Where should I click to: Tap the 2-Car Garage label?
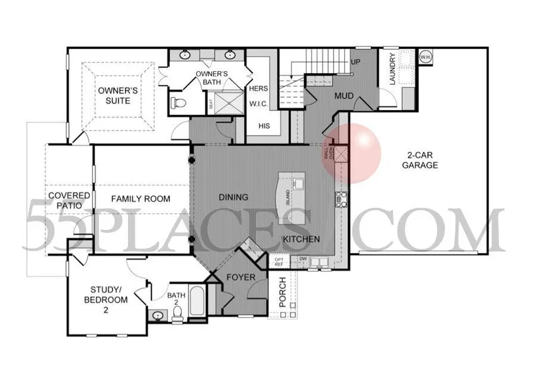(x=419, y=160)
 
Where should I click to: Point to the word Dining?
(x=234, y=197)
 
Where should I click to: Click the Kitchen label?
(x=301, y=239)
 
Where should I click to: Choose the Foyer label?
(x=239, y=276)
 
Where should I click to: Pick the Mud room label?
(x=345, y=96)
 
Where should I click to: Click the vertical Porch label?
(x=282, y=291)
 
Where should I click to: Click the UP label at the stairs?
(x=356, y=62)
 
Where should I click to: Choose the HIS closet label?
(x=264, y=126)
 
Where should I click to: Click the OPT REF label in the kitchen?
(x=278, y=261)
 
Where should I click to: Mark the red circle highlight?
(x=351, y=152)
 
